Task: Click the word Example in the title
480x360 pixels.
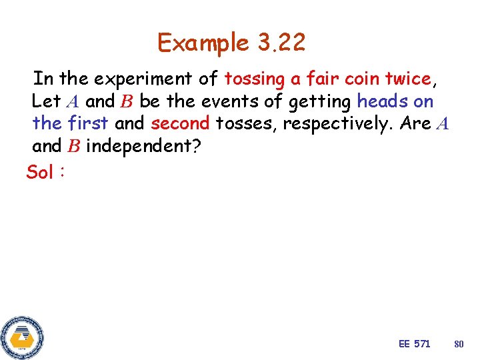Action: [x=203, y=43]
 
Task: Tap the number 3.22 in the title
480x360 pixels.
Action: [x=280, y=43]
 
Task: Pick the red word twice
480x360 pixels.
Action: [x=409, y=79]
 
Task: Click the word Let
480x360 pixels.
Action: [x=46, y=101]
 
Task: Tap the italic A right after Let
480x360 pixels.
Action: [x=73, y=102]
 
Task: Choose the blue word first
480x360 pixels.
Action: [x=88, y=123]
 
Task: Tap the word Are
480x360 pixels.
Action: [x=415, y=123]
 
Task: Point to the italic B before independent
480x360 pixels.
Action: [x=74, y=146]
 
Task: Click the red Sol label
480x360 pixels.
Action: [x=40, y=173]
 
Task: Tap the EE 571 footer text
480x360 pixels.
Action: [x=414, y=343]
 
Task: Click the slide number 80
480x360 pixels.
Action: [x=459, y=344]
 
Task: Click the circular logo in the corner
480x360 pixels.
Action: [x=22, y=337]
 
